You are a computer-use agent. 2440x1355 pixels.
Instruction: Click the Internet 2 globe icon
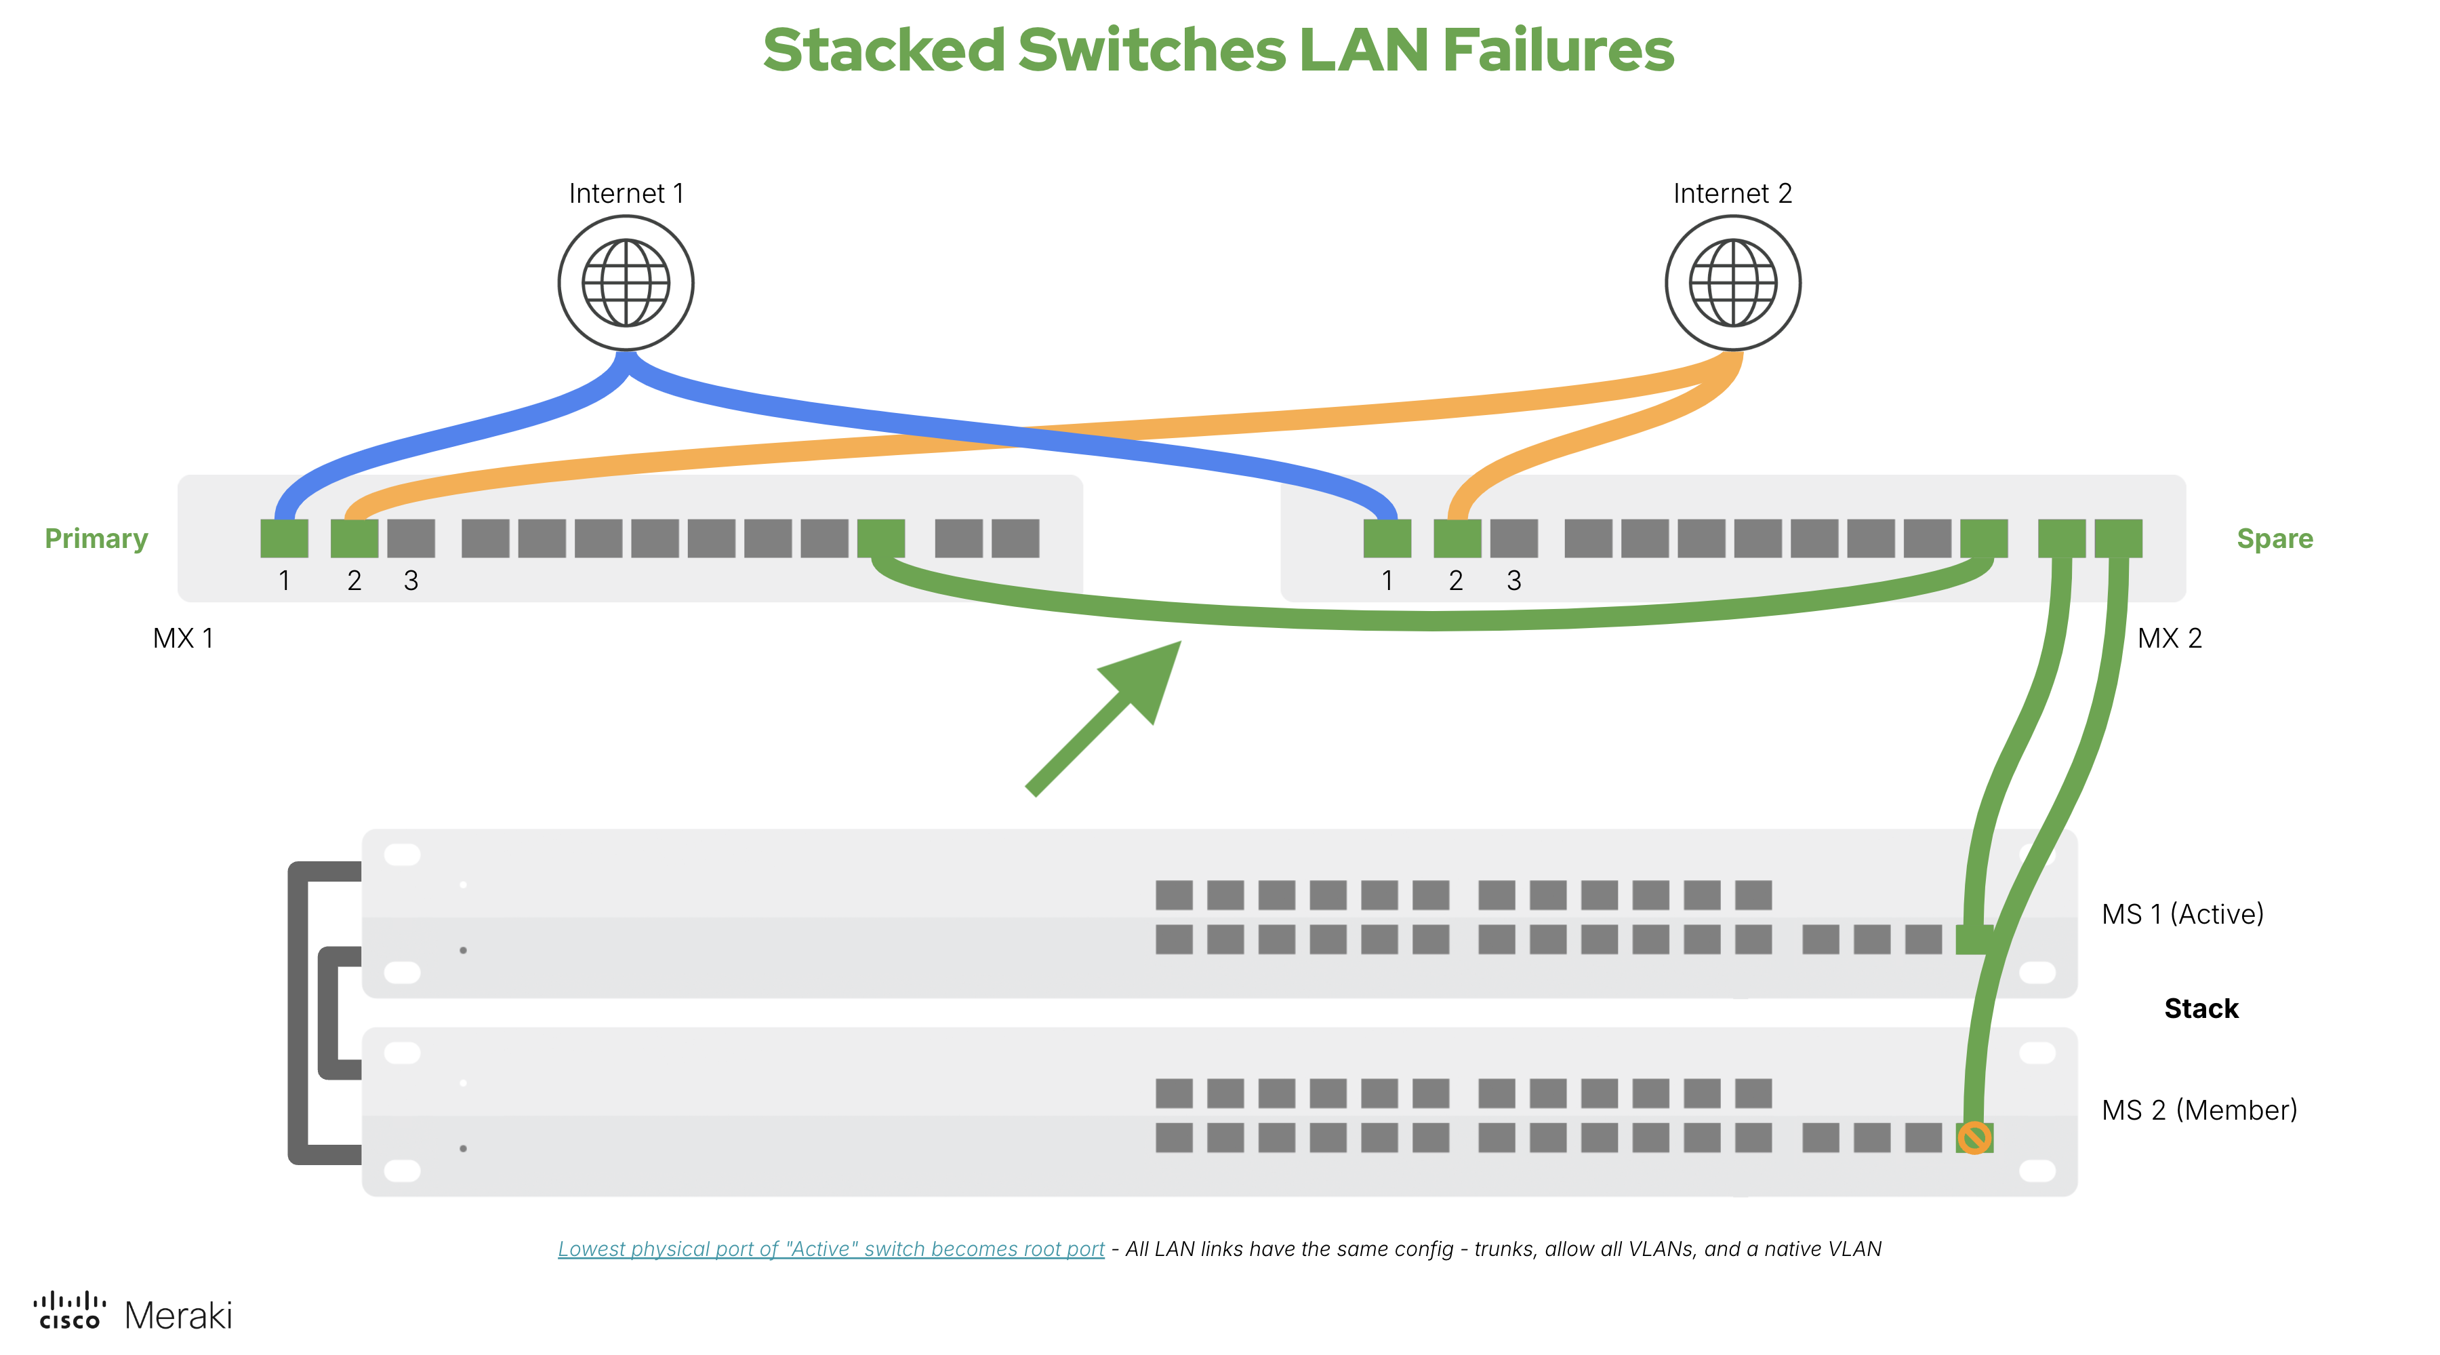click(1732, 283)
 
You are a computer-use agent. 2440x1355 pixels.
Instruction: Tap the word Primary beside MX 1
click(97, 538)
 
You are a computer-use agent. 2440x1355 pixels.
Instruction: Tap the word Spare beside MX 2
click(2274, 538)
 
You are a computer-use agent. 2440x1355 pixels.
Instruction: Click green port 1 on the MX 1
click(284, 538)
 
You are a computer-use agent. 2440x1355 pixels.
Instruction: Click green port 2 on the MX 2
click(1457, 538)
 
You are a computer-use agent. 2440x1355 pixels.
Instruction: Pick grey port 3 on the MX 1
click(411, 538)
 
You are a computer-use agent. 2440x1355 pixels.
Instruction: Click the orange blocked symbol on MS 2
click(1974, 1137)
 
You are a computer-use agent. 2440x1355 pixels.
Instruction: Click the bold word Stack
click(2200, 1008)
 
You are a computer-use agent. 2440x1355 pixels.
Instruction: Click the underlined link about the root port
click(831, 1249)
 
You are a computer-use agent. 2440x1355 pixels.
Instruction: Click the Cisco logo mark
click(69, 1310)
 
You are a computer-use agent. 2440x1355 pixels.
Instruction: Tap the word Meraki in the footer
click(178, 1315)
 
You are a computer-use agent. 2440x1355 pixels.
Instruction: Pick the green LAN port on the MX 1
click(881, 538)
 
